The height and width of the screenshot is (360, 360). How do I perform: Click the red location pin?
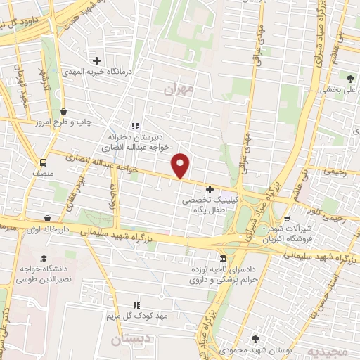tap(181, 165)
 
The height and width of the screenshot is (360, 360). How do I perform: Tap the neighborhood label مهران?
tap(178, 90)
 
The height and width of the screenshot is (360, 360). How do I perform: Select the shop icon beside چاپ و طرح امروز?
tap(64, 111)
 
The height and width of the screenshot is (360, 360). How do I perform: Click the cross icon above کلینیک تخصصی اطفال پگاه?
tap(210, 189)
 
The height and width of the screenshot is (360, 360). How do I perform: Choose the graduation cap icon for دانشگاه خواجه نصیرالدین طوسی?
tap(44, 258)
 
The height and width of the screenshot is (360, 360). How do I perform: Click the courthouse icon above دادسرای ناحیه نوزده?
tap(223, 258)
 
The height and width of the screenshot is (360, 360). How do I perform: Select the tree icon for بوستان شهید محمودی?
tap(255, 338)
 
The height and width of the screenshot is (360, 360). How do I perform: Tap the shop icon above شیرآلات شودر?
tap(307, 208)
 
